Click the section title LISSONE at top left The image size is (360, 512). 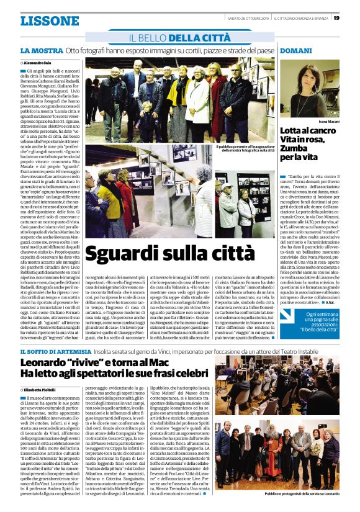pyautogui.click(x=49, y=20)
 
